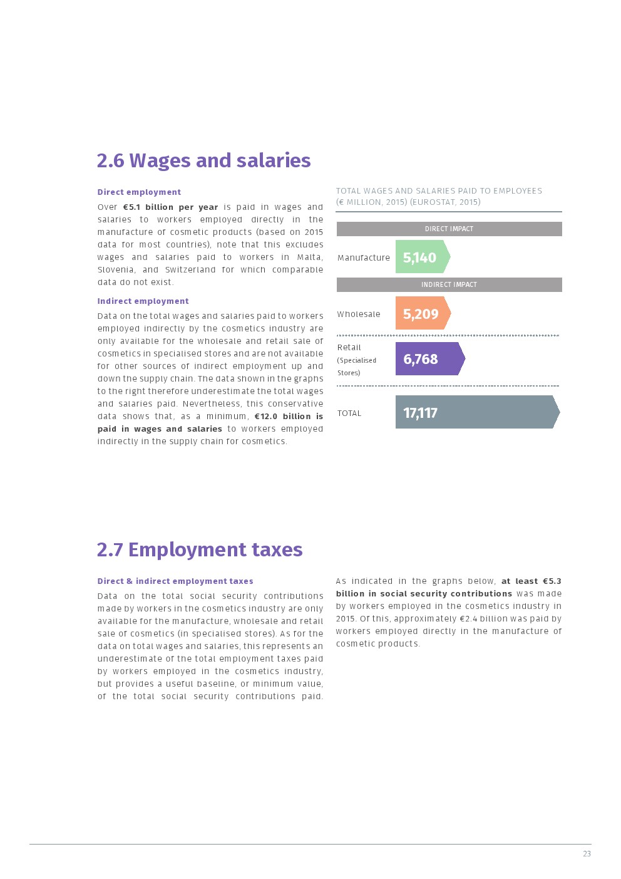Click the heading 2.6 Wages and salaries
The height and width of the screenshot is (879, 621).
(203, 160)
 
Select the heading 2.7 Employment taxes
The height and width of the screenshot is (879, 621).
(200, 549)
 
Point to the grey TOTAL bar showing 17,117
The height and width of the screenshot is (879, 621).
(476, 412)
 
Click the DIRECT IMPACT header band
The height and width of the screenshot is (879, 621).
(449, 229)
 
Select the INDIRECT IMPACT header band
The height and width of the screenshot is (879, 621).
(449, 284)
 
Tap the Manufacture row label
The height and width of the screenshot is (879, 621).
(363, 257)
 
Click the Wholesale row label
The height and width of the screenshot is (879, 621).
(359, 314)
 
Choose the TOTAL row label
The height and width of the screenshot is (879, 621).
(349, 413)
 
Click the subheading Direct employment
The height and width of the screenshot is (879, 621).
(139, 192)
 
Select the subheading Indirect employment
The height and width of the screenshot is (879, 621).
(143, 301)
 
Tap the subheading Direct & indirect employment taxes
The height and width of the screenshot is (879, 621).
(175, 581)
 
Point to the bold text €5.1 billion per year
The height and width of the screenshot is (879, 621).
(170, 207)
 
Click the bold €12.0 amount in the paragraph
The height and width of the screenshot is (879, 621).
(265, 416)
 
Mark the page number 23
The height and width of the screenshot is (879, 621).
(587, 853)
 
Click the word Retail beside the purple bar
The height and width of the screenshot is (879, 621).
(349, 347)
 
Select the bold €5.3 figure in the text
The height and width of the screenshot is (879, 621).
(552, 581)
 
